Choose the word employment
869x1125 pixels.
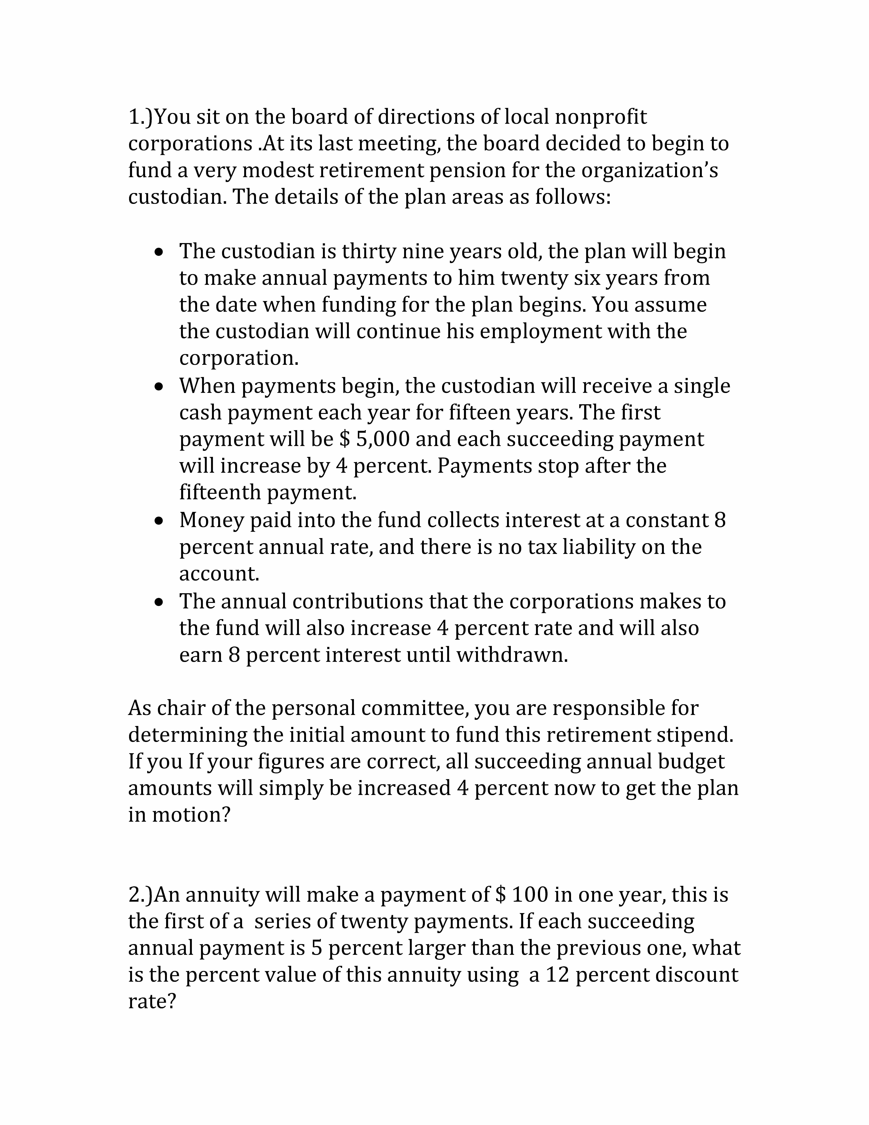tap(541, 331)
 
